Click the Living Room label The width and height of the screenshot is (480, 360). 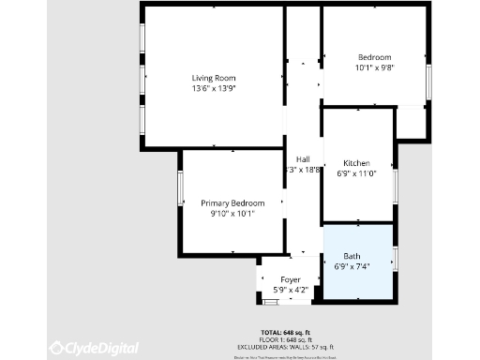214,78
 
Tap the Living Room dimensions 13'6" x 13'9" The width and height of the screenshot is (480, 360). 214,88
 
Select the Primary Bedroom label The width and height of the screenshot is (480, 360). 232,203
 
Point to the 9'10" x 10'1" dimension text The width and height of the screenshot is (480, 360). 232,214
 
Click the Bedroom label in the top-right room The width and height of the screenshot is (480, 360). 373,57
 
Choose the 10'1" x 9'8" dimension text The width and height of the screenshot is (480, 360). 373,67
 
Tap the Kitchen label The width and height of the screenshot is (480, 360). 357,163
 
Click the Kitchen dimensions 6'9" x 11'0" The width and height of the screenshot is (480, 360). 357,173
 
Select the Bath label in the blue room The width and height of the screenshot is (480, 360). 352,256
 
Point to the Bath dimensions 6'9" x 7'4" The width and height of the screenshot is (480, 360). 352,266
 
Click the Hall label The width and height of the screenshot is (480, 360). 303,159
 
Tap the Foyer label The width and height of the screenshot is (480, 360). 291,280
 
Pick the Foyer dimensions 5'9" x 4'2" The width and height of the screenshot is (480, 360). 291,291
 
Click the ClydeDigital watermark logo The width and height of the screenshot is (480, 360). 94,348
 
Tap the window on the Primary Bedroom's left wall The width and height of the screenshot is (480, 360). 180,188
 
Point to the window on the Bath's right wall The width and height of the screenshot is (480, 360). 396,257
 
